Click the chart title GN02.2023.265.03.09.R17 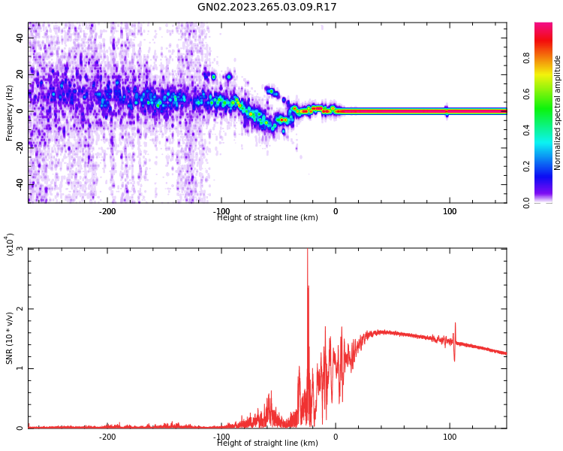pos(267,8)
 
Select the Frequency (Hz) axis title pos(10,113)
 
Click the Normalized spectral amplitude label pos(558,113)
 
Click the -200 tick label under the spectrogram pos(107,211)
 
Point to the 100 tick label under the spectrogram pos(450,211)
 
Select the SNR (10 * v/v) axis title pos(10,337)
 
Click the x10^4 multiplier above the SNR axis pos(10,244)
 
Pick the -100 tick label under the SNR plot pos(221,437)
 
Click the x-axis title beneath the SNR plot pos(267,443)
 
